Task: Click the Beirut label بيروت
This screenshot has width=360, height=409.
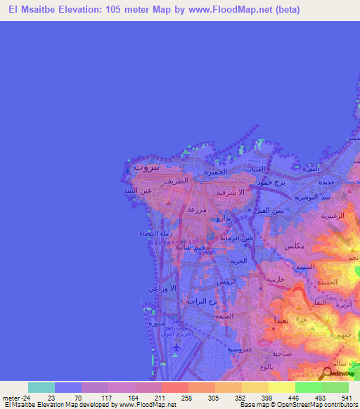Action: pos(147,168)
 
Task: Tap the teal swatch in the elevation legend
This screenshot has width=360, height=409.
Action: pos(41,387)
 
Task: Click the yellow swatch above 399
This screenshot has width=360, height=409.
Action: pos(255,387)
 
